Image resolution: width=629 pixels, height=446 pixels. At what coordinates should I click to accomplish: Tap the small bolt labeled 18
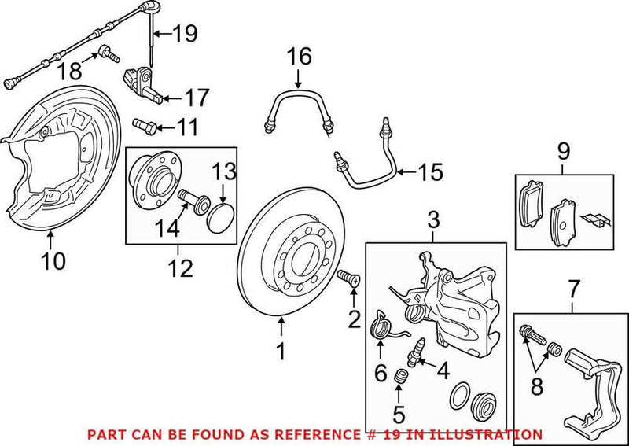pyautogui.click(x=106, y=54)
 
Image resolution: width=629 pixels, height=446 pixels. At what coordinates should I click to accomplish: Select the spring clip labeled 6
pyautogui.click(x=382, y=324)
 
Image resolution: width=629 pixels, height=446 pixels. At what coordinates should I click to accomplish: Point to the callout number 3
pyautogui.click(x=432, y=220)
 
